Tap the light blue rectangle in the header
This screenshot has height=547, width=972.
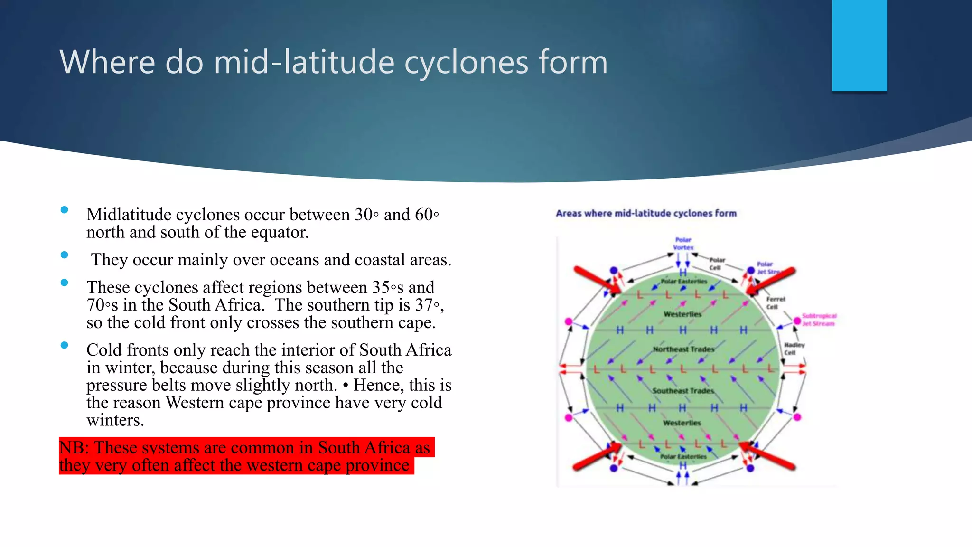coord(859,45)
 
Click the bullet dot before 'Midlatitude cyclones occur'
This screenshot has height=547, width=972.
coord(65,210)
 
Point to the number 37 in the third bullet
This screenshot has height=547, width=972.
coord(423,305)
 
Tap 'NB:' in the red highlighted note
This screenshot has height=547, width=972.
coord(74,448)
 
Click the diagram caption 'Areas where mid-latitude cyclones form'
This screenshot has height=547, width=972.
coord(646,214)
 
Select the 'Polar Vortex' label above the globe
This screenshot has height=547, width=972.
coord(683,244)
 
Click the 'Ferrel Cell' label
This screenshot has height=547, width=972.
coord(775,303)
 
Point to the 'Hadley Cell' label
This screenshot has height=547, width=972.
coord(794,349)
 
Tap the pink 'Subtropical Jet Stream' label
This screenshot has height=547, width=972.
coord(819,320)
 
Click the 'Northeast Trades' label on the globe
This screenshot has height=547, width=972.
coord(683,349)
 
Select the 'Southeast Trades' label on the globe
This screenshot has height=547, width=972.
coord(683,391)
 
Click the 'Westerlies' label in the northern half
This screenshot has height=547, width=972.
coord(682,314)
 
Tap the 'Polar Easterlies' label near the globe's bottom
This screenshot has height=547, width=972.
coord(683,457)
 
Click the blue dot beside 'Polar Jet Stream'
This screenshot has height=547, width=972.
coord(750,271)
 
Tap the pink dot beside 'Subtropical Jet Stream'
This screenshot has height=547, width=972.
coord(797,321)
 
